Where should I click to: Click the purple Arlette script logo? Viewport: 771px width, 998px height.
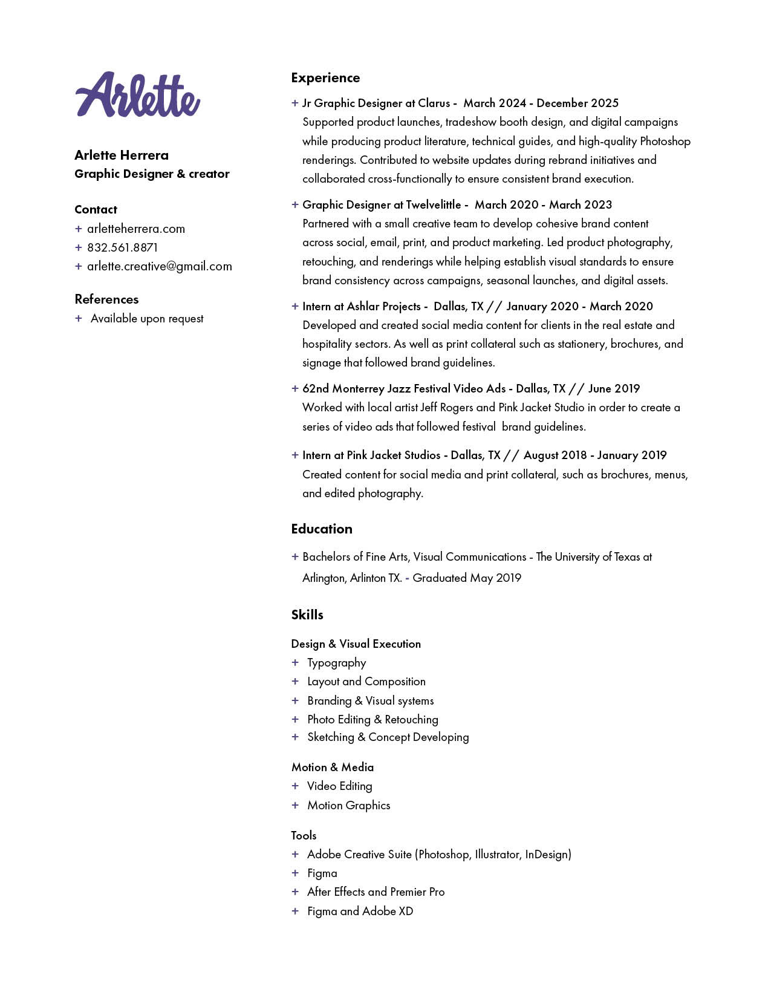coord(138,95)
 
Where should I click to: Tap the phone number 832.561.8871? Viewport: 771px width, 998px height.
coord(122,247)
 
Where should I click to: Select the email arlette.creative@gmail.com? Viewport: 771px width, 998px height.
coord(159,266)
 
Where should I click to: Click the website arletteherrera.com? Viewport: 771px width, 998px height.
coord(135,229)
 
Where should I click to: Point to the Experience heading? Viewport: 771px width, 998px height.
coord(325,77)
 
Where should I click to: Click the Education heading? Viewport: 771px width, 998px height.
coord(321,529)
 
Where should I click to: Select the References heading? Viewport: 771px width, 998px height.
coord(106,299)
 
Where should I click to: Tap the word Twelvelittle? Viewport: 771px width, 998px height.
coord(433,204)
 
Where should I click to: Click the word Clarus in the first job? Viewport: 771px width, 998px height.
coord(434,103)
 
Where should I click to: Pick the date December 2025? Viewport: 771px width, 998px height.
coord(577,103)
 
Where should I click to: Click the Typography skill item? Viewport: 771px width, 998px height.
coord(336,662)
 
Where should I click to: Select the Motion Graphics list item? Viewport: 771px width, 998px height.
coord(348,805)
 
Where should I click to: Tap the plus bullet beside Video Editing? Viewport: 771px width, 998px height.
coord(295,786)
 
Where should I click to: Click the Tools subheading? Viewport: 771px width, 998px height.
coord(304,835)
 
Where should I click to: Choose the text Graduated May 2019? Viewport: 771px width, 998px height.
coord(466,578)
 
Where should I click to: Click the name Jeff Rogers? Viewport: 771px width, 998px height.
coord(446,407)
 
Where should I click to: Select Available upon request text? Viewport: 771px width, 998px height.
coord(147,318)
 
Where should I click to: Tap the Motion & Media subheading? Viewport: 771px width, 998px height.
coord(332,767)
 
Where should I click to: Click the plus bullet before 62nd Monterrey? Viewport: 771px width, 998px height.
coord(295,388)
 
